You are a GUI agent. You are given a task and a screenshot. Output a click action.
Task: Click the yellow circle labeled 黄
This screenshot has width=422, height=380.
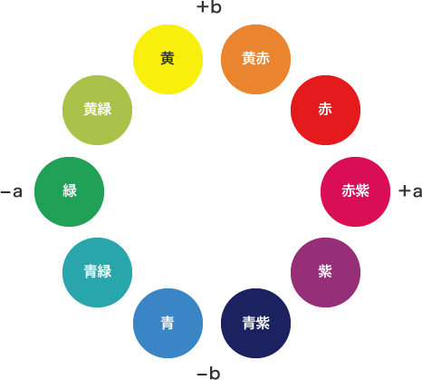coord(168,59)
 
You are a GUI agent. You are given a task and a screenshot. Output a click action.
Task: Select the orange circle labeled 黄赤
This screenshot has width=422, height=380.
coord(255,59)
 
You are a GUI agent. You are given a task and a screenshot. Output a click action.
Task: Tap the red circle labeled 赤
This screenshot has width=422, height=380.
coord(325,110)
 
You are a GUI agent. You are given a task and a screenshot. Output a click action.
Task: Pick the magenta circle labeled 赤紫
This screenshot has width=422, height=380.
coord(355,191)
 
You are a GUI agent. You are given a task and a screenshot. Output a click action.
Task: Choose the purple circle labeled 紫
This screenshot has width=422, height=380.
coord(325,272)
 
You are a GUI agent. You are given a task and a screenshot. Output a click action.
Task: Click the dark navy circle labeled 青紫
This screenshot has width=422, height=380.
coord(255,323)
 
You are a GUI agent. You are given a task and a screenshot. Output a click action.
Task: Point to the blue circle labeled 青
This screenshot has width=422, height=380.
coord(168,323)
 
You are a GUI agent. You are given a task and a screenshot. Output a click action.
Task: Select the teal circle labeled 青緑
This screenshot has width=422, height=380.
coord(97,272)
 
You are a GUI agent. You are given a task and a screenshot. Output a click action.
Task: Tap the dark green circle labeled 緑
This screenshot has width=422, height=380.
coord(69,191)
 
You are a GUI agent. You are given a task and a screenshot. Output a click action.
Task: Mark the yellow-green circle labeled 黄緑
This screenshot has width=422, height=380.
coord(97,110)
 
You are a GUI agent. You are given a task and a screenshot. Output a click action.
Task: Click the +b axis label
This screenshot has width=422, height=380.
coord(209,7)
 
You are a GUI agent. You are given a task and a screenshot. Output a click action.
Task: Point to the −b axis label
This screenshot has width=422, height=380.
coord(208,374)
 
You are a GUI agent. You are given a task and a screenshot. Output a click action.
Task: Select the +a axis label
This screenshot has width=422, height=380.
coord(410,191)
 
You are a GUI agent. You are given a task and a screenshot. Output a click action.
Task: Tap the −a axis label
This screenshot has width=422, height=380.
coord(12,191)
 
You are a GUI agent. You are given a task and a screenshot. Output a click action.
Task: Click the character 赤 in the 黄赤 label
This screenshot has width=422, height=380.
coord(263,58)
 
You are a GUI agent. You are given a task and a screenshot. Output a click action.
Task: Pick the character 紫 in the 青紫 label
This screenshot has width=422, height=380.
coord(263,323)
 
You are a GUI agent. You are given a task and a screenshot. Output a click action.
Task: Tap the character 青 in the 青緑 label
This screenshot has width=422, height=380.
coord(91,271)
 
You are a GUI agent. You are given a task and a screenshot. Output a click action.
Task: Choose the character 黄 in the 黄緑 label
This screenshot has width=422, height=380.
coord(91,109)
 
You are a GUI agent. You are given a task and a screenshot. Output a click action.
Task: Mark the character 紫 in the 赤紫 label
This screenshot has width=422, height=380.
coord(362,190)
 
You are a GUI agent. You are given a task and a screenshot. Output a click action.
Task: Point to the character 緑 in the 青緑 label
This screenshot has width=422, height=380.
coord(104,271)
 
